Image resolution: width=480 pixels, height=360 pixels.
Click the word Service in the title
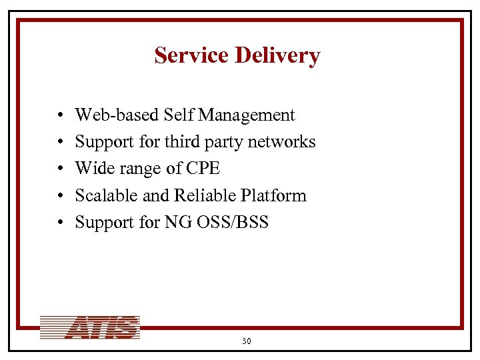pyautogui.click(x=191, y=55)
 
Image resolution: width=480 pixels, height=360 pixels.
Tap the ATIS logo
pyautogui.click(x=90, y=327)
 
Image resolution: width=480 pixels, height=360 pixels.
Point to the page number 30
pyautogui.click(x=246, y=341)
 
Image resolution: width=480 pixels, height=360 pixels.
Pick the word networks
pyautogui.click(x=285, y=142)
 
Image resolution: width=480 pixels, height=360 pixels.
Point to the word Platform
pyautogui.click(x=274, y=195)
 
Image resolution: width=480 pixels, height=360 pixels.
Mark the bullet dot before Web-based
pyautogui.click(x=60, y=116)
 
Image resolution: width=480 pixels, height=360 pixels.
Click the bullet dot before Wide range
pyautogui.click(x=60, y=169)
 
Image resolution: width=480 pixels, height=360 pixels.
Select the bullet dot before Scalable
pyautogui.click(x=60, y=196)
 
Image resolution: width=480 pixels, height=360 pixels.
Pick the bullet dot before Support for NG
pyautogui.click(x=60, y=223)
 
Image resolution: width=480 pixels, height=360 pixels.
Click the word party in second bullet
pyautogui.click(x=223, y=143)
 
